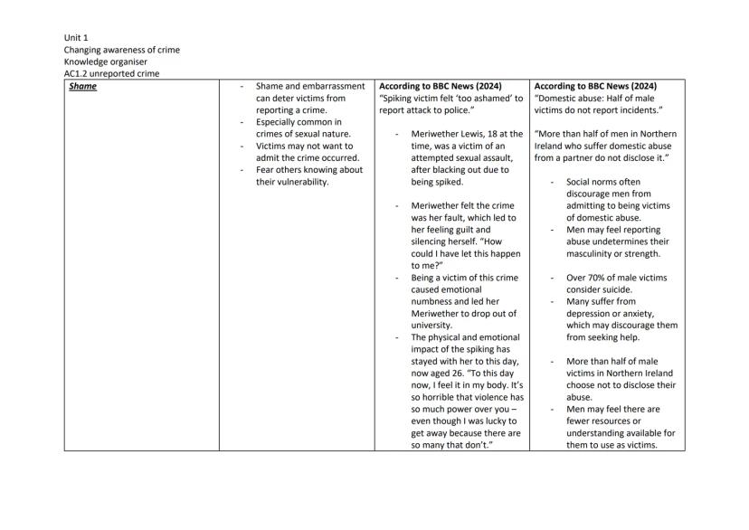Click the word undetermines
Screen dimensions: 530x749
pyautogui.click(x=631, y=241)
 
